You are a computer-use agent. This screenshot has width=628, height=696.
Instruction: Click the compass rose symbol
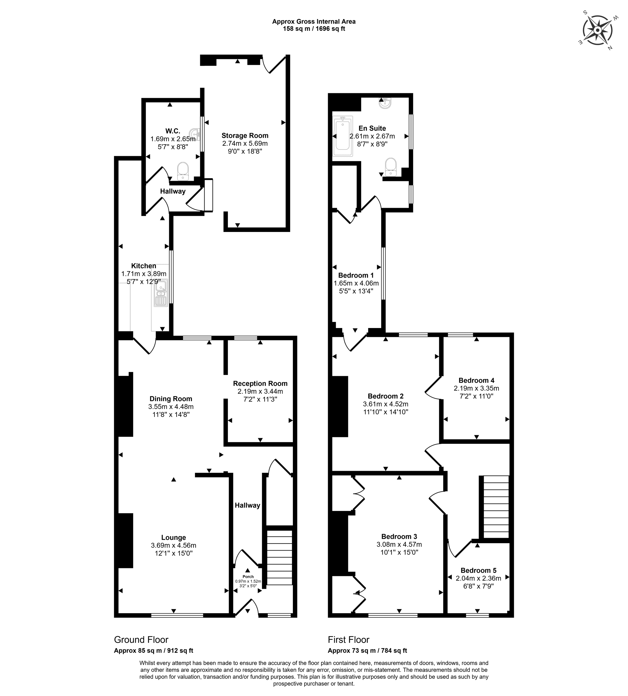(598, 30)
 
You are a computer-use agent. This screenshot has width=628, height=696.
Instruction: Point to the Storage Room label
(245, 136)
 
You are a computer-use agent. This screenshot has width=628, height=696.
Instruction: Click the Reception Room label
(260, 384)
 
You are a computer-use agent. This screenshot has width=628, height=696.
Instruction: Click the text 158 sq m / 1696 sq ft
(314, 29)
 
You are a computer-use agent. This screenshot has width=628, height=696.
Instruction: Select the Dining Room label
(171, 399)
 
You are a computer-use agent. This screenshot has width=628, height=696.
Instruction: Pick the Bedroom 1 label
(356, 275)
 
